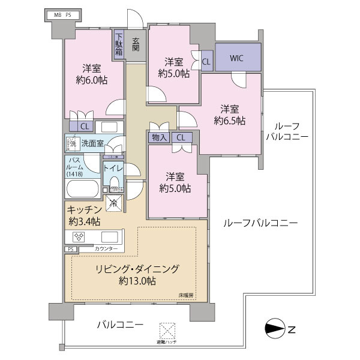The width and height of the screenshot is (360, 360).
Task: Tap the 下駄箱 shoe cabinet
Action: point(119,43)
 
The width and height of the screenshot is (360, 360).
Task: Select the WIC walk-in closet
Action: point(238,58)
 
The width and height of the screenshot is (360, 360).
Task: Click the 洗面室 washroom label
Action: point(92,144)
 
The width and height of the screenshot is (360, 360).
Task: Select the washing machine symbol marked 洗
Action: point(72,144)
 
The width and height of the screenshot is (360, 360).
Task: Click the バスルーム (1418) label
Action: point(76,166)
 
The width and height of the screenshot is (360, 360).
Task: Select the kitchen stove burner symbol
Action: point(79,236)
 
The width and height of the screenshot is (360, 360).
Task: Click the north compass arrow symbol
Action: point(275,328)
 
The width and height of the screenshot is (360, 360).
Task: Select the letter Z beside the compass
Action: point(292,328)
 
